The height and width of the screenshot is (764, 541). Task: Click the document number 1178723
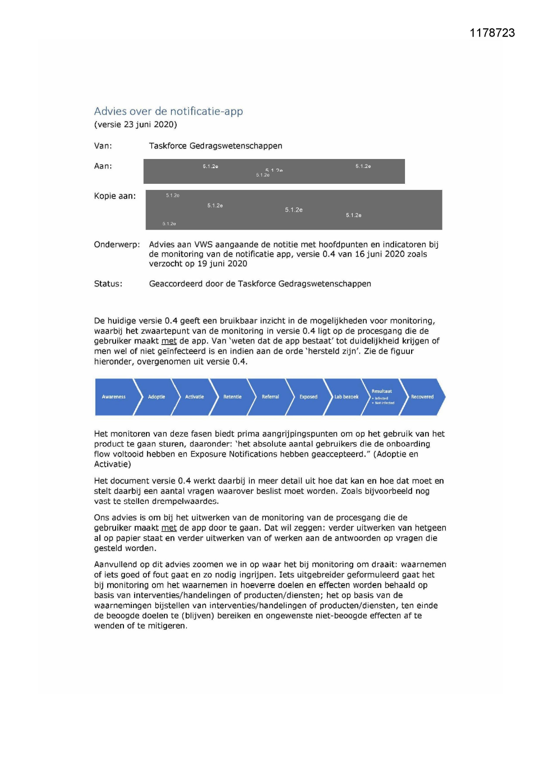492,33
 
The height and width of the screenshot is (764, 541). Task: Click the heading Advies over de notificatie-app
168,111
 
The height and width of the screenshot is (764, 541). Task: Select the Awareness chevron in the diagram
114,397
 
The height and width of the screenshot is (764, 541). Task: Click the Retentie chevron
232,397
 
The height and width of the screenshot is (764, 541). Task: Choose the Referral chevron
270,397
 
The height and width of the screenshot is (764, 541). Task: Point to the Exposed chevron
308,397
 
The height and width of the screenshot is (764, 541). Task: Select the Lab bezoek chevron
346,397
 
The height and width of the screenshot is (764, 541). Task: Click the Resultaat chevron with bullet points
383,396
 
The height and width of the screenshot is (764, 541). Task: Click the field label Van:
103,146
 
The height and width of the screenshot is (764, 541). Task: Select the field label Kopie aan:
115,196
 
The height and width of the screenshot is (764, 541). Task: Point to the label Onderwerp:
117,244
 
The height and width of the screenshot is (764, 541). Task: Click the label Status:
108,284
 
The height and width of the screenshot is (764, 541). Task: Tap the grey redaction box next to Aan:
274,171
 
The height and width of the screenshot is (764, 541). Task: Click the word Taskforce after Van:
168,146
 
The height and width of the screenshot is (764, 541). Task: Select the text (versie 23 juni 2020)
136,125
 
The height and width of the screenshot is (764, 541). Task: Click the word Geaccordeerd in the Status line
176,284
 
